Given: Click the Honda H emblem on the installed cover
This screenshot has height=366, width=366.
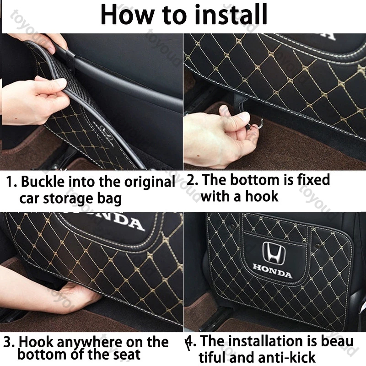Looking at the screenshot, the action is tap(274, 253).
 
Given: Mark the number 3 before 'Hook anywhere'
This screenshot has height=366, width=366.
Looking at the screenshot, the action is tap(8, 342).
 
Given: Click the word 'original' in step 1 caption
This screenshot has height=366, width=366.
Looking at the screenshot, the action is tap(150, 182).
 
